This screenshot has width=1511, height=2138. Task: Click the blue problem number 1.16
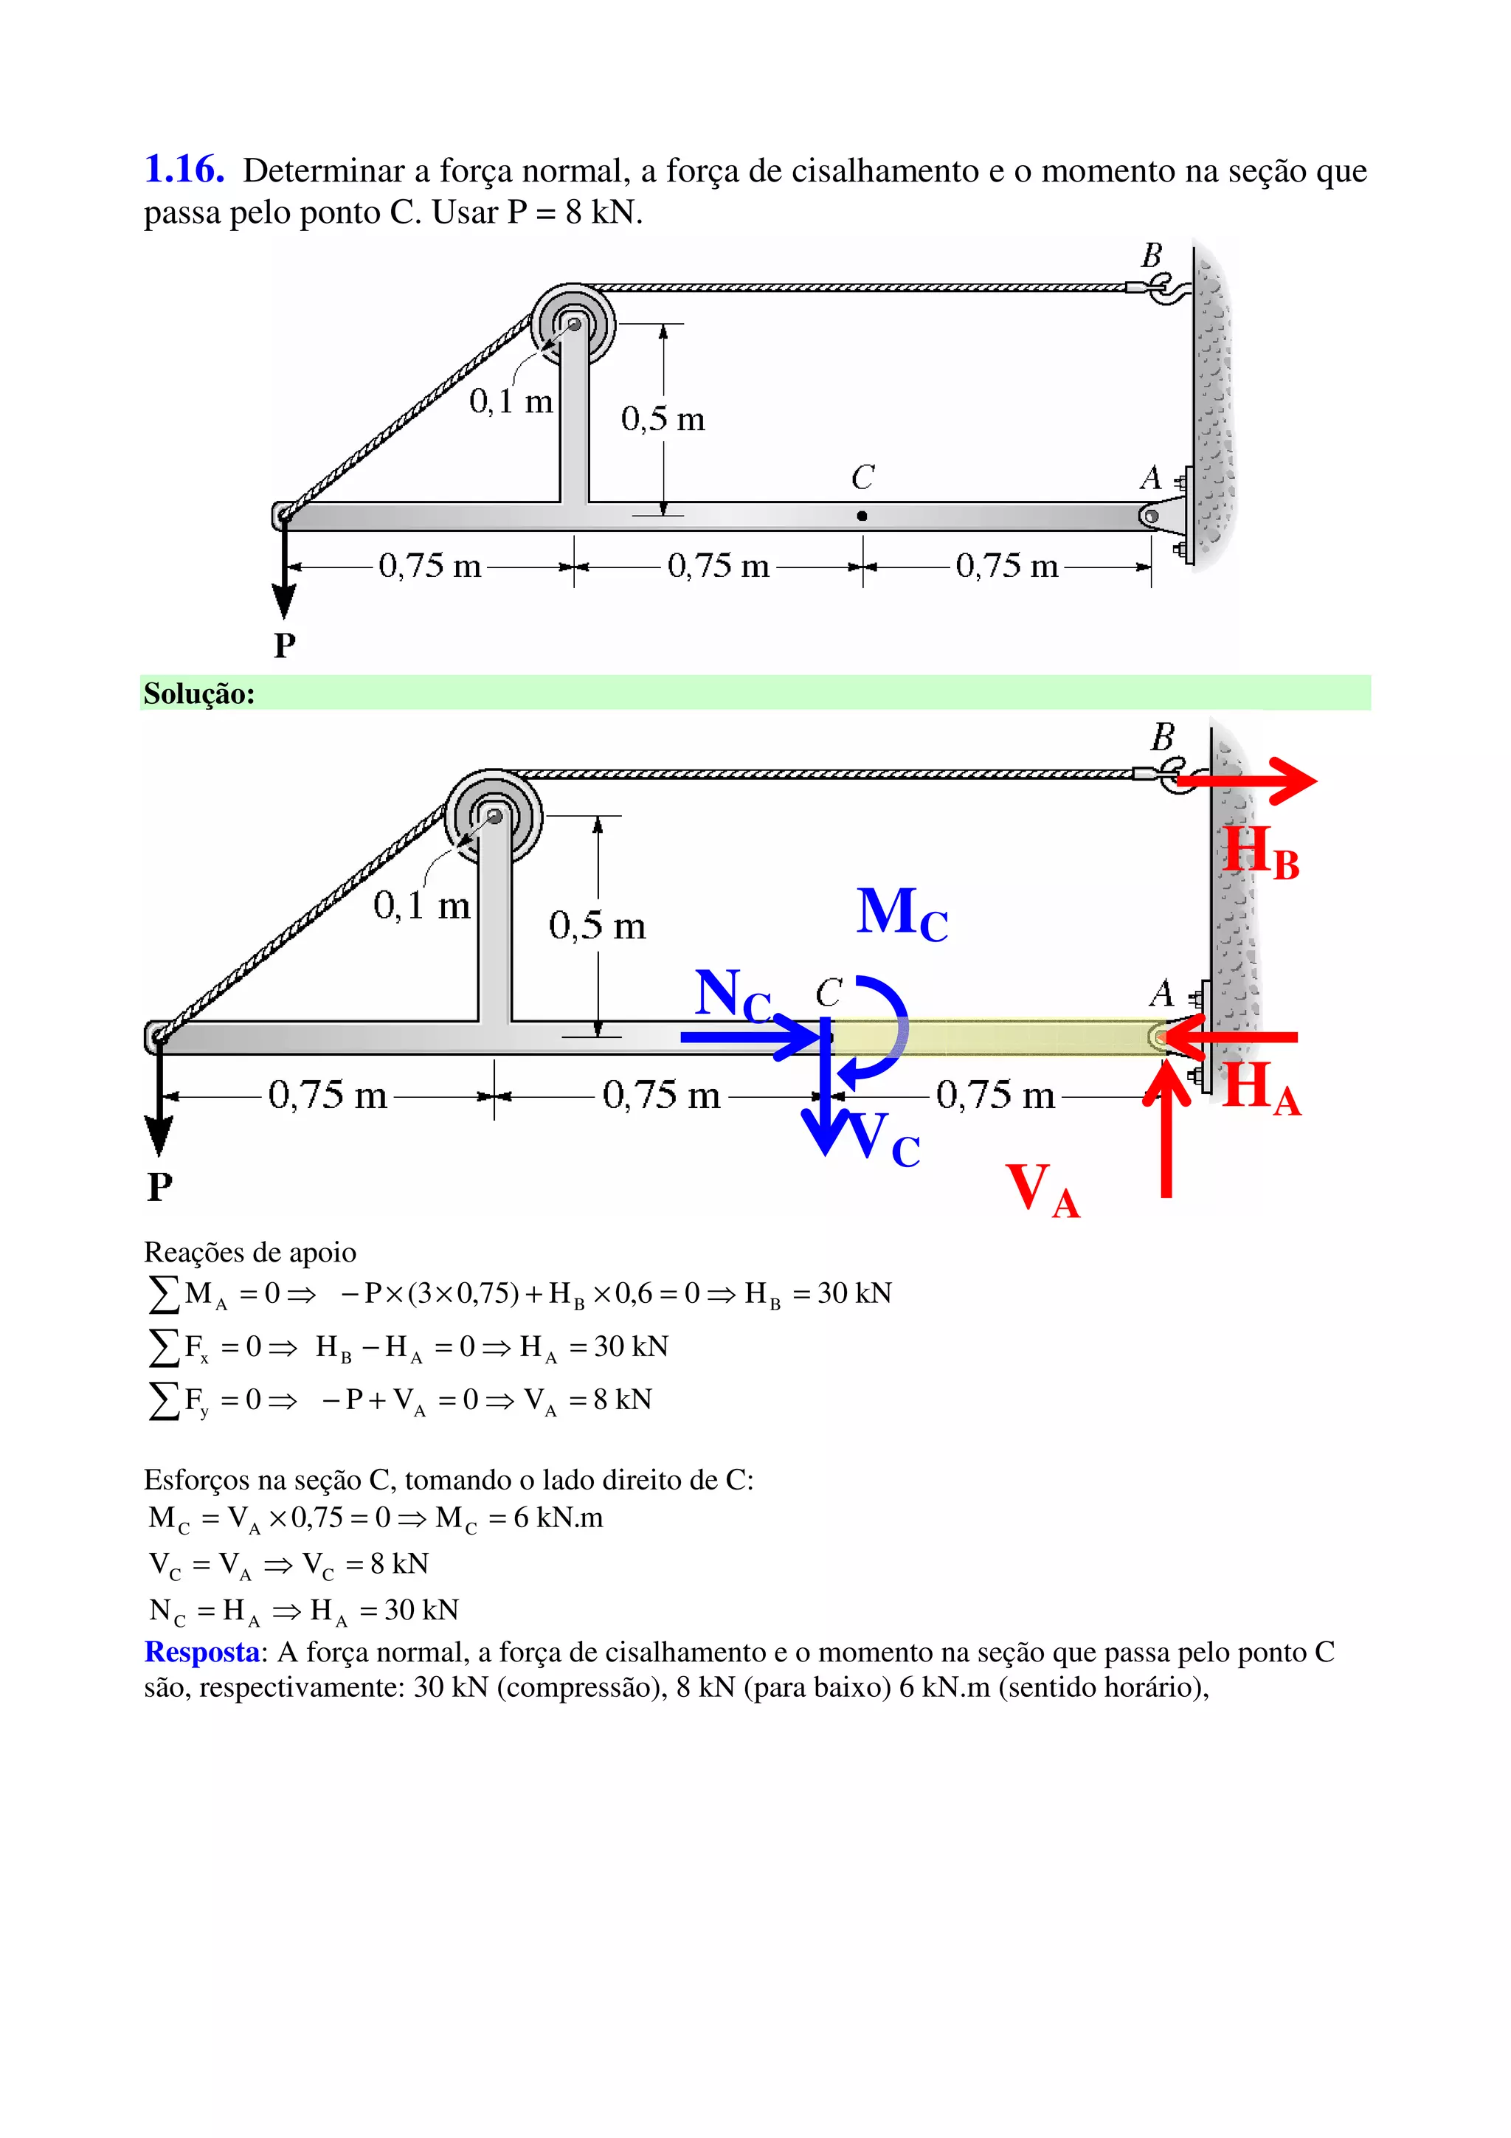184,170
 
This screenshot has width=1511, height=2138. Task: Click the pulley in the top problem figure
573,325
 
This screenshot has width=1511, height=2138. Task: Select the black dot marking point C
862,516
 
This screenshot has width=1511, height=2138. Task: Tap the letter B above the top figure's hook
1152,255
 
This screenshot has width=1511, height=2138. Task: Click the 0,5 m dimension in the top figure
663,419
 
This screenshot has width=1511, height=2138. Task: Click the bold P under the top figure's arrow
285,644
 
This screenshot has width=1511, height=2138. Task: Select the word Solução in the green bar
198,693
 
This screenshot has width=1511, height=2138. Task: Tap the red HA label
1261,1087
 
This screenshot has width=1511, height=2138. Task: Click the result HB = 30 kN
817,1293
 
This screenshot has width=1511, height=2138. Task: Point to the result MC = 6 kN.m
519,1518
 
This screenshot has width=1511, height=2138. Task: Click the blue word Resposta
201,1652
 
